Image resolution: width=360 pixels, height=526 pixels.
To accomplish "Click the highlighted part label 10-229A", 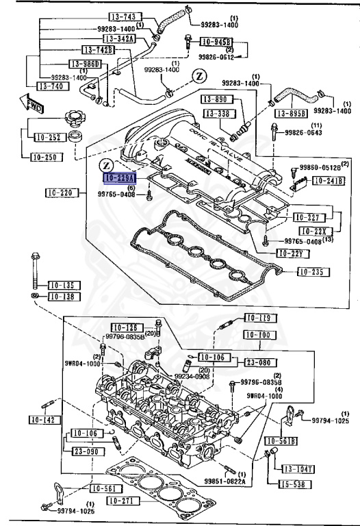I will [119, 178].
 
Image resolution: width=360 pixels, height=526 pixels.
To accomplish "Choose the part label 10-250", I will [45, 157].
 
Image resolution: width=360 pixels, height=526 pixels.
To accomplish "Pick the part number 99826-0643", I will [303, 133].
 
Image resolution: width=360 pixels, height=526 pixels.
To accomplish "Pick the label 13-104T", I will [298, 468].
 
